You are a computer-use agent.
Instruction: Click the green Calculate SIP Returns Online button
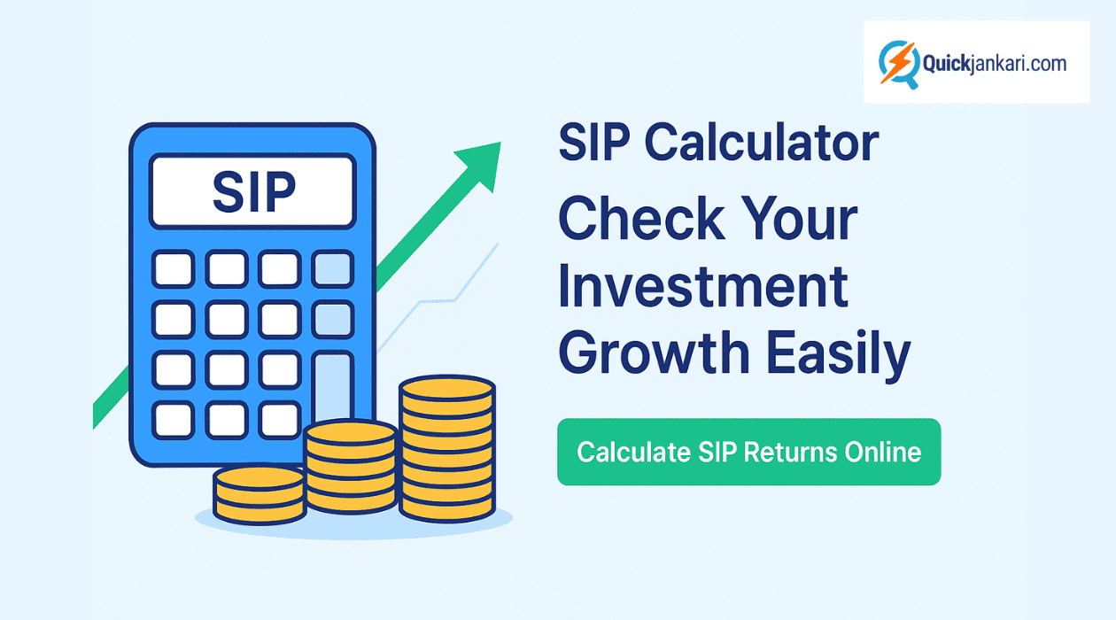point(748,452)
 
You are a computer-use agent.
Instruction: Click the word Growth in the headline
point(655,353)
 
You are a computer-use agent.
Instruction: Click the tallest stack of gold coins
point(446,447)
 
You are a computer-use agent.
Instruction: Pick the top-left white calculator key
point(173,268)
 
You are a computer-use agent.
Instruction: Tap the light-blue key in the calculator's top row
point(333,268)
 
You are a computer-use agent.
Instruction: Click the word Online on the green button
point(883,452)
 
